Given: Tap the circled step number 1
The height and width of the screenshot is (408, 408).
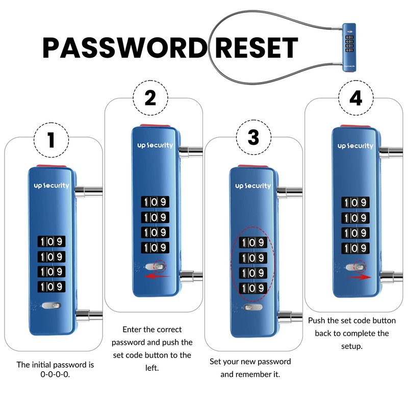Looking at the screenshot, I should coord(51,139).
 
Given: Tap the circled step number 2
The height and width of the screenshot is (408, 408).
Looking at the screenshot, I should coord(150,98).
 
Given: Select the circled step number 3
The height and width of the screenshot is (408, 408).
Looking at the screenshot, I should coord(253,137).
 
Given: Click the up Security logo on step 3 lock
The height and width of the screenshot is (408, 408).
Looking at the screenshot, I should coord(253,186).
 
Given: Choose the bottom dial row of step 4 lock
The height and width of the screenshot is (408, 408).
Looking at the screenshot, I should coord(355,248).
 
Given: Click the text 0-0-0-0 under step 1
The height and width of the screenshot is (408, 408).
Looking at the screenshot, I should coord(55,374).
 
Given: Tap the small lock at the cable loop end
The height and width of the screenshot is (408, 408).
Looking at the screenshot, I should coord(349,50).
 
